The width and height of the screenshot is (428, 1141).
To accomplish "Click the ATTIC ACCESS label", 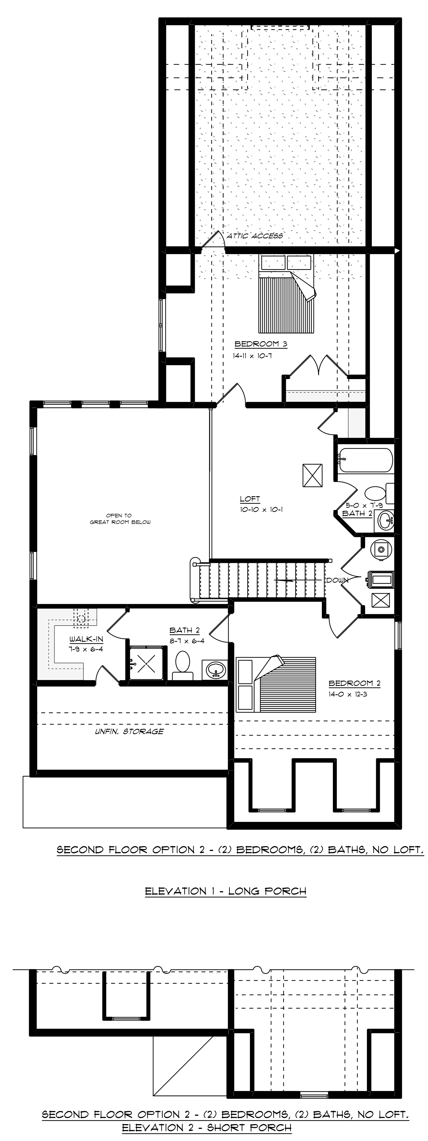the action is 255,236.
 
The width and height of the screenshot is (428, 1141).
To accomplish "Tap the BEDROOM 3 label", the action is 257,344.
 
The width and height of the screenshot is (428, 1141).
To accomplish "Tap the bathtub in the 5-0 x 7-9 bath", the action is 365,460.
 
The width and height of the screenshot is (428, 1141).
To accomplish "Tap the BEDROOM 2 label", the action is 354,683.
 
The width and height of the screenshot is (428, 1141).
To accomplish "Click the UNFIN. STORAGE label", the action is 129,731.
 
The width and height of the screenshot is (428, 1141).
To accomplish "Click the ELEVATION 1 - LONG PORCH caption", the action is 226,891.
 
